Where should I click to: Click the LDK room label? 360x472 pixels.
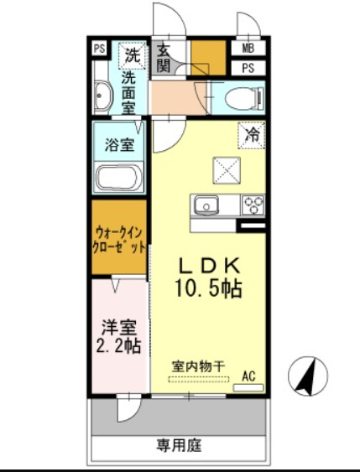click(x=209, y=265)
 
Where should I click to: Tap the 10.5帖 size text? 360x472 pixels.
click(x=209, y=289)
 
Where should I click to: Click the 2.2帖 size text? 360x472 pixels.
click(x=118, y=345)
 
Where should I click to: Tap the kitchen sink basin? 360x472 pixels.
click(x=205, y=205)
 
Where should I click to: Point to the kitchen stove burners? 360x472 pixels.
click(x=253, y=205)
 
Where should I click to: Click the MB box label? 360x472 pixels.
click(x=249, y=49)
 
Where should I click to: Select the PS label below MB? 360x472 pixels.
click(x=249, y=68)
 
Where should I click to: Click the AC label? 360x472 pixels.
click(x=248, y=376)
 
